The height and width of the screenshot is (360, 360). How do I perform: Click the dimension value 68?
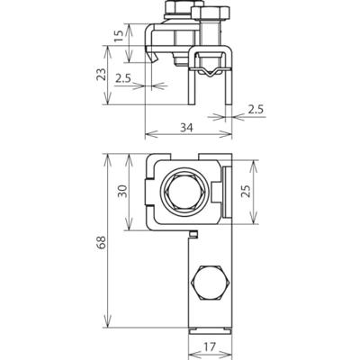click(102, 242)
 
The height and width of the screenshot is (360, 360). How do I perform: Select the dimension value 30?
click(123, 192)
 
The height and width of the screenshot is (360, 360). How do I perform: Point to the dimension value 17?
click(210, 347)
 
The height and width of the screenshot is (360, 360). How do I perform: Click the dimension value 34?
click(186, 128)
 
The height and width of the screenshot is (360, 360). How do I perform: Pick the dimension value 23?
click(102, 75)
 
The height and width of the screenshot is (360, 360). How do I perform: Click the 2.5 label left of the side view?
click(123, 79)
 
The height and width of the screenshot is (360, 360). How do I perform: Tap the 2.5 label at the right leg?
click(256, 110)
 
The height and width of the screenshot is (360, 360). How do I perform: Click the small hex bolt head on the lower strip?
click(210, 283)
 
